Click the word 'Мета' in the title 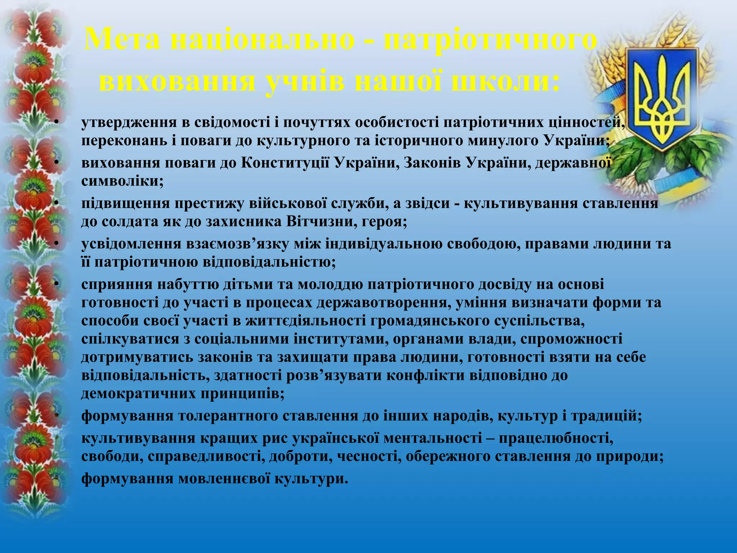122,40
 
